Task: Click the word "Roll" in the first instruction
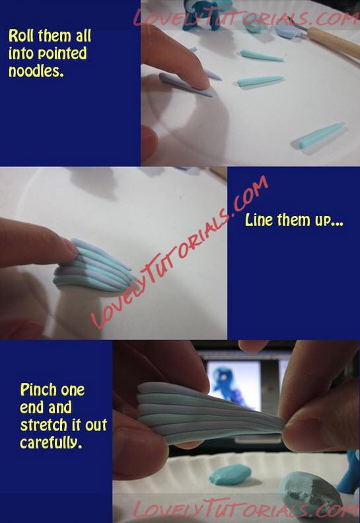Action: pyautogui.click(x=21, y=36)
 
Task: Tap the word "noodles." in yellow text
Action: pyautogui.click(x=36, y=71)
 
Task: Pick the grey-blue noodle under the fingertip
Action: pyautogui.click(x=185, y=85)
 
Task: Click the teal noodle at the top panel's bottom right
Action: pyautogui.click(x=318, y=135)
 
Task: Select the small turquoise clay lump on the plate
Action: pyautogui.click(x=230, y=474)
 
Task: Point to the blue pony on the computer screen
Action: pyautogui.click(x=230, y=387)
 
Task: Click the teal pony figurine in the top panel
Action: pyautogui.click(x=207, y=13)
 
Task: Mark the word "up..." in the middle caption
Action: pyautogui.click(x=330, y=221)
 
